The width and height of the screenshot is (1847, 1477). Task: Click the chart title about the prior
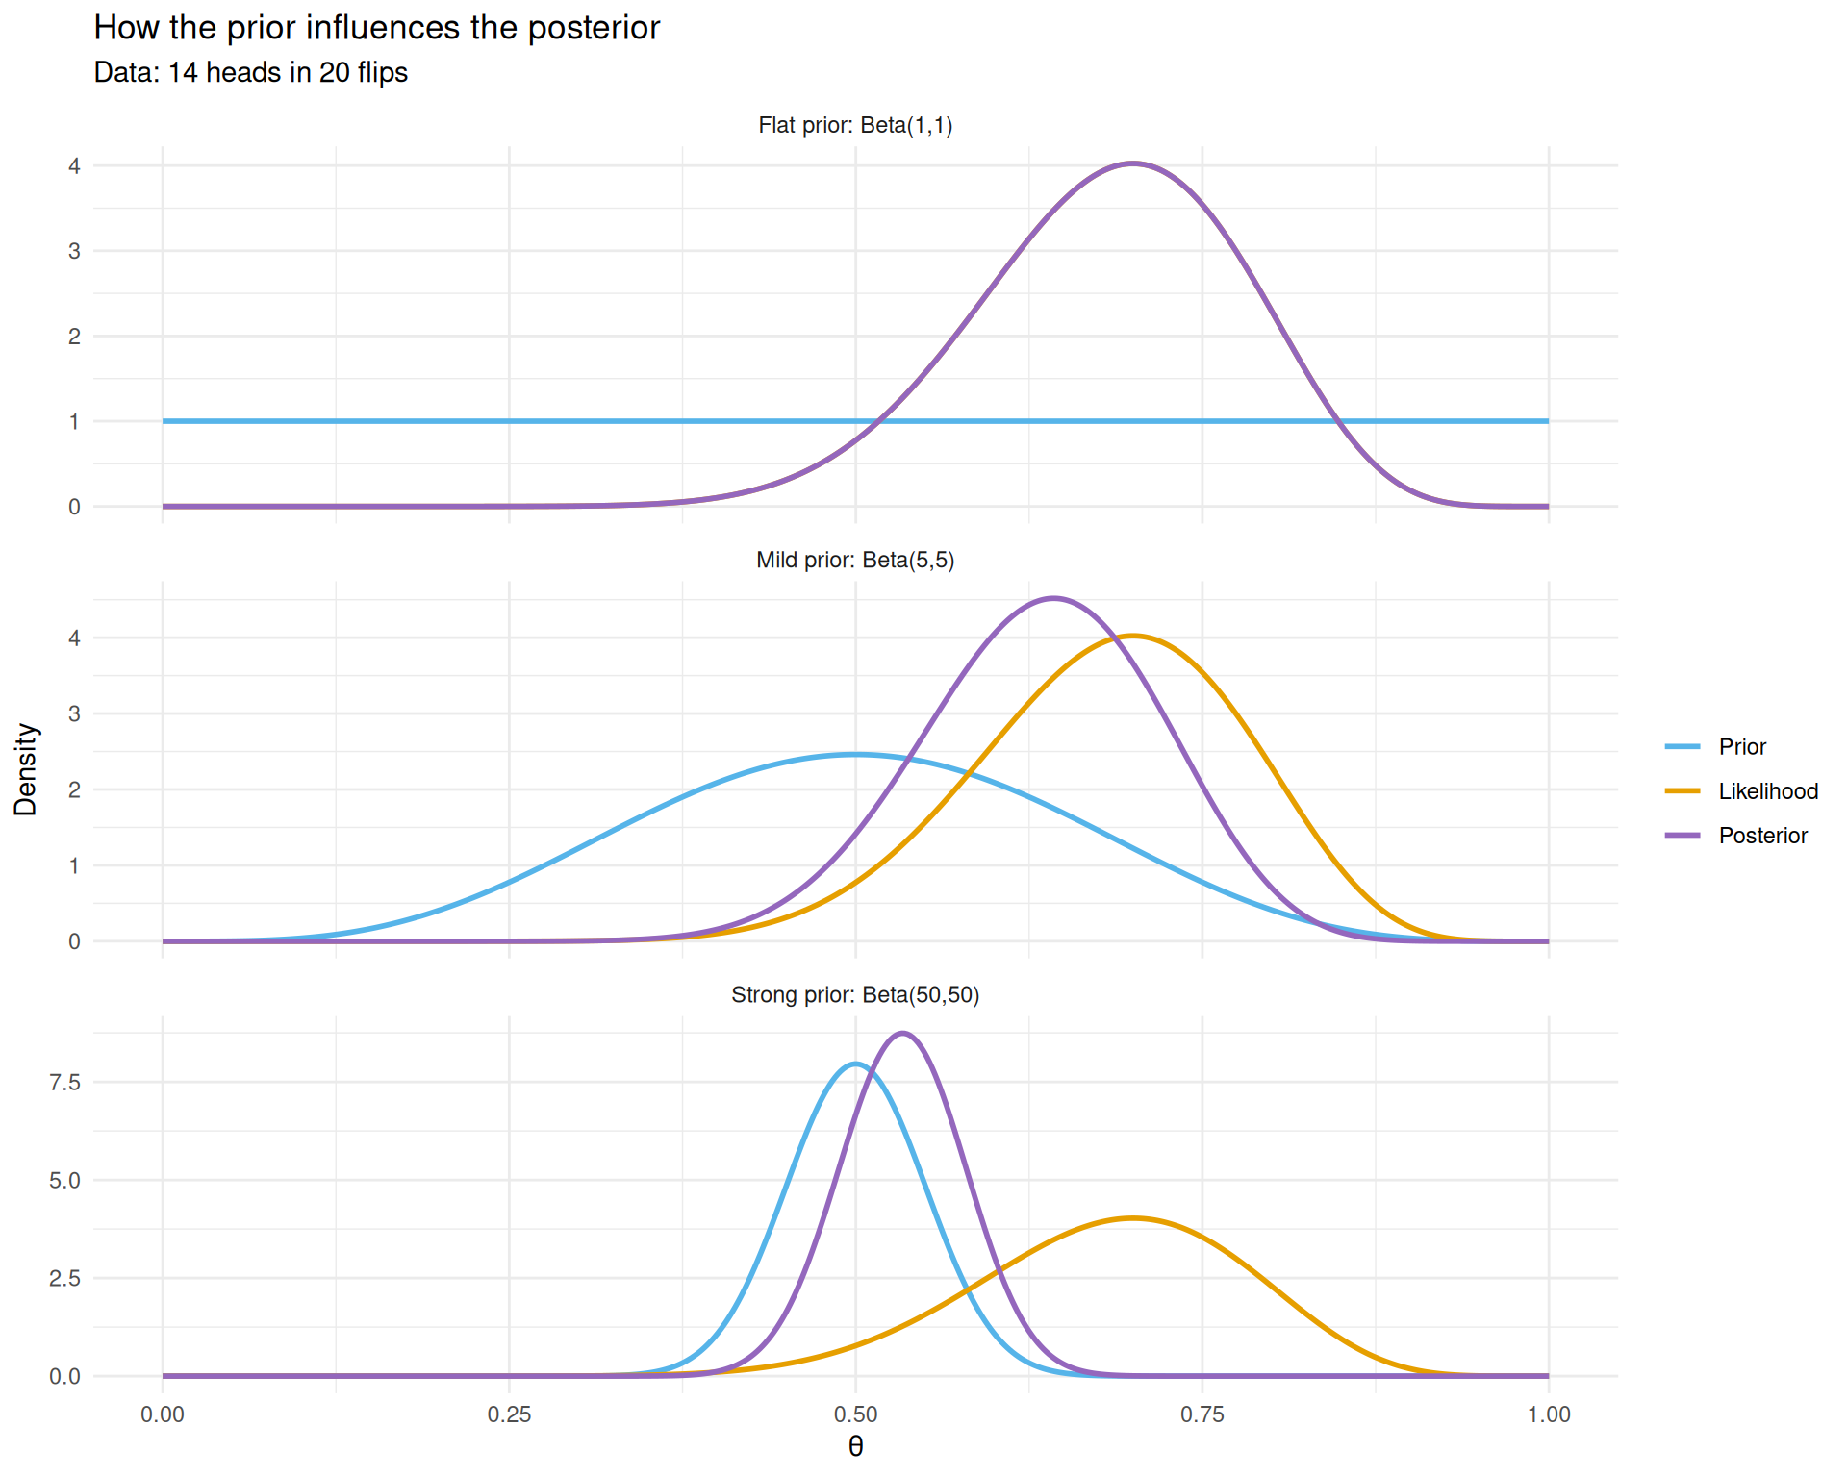376,28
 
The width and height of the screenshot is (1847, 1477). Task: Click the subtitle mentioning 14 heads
250,73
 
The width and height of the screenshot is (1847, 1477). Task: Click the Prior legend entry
1741,747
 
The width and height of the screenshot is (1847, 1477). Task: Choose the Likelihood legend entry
1767,791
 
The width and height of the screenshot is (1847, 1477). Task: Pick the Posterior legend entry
1762,836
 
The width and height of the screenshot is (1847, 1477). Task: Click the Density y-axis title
26,769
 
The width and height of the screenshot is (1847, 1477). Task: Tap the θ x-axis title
855,1446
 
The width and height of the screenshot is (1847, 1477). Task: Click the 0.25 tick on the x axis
509,1414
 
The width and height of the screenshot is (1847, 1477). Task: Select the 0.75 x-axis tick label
1202,1414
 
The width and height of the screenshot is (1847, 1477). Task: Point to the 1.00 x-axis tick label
1548,1414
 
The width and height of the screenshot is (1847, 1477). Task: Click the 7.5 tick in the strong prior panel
64,1082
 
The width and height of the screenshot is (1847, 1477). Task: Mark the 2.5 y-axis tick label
64,1278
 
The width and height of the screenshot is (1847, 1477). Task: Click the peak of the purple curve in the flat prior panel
1133,163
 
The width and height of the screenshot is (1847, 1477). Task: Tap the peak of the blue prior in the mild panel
855,754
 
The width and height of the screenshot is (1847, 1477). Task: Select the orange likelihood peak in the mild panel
1133,636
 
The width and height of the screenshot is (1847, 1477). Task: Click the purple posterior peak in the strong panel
902,1033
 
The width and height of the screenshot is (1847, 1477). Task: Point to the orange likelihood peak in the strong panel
1133,1218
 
